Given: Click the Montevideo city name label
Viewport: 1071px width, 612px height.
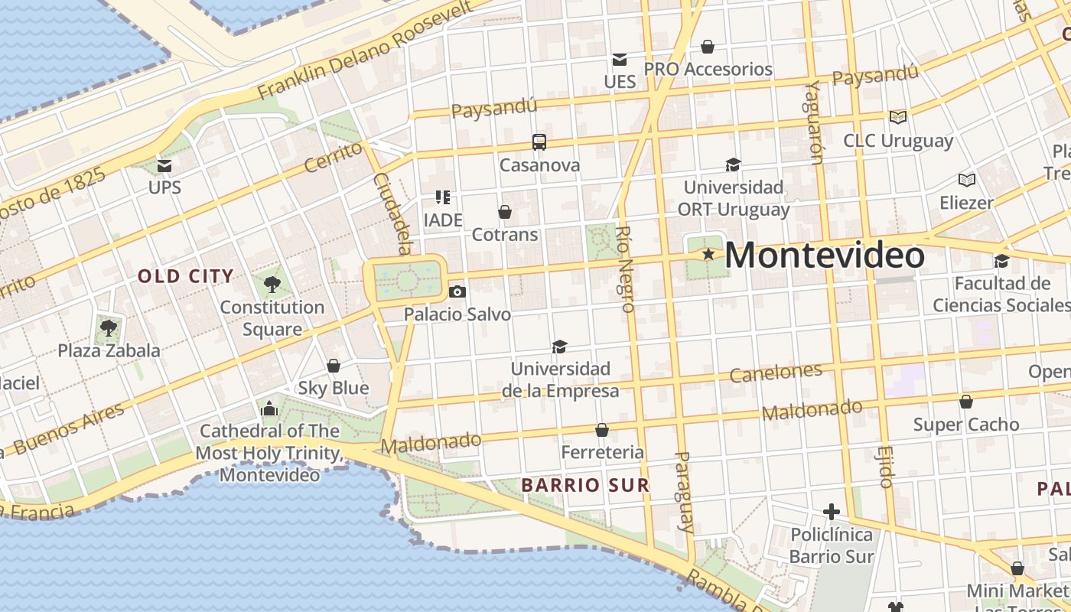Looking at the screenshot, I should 824,255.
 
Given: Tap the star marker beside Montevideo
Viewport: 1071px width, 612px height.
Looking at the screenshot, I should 708,254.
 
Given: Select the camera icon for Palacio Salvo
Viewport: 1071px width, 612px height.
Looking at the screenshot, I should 457,291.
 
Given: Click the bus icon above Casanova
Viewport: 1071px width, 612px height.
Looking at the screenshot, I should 539,142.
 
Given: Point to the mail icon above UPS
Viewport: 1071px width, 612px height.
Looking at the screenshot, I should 164,165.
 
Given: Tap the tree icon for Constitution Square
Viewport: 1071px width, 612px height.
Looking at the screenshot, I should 272,285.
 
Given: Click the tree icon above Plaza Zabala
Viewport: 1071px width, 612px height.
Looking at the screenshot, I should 109,328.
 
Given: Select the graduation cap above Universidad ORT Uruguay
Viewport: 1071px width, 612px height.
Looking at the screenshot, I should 733,164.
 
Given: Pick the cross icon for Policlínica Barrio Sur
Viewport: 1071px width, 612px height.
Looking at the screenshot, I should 832,511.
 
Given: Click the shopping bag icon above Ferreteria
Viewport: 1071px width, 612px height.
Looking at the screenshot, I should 602,430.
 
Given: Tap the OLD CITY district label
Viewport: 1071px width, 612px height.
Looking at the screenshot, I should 186,276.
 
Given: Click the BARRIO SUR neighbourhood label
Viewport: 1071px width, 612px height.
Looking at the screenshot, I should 585,485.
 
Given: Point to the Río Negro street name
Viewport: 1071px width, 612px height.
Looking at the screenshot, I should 626,269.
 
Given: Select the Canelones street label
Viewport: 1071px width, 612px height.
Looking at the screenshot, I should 776,373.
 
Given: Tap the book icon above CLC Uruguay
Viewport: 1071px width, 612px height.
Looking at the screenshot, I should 898,117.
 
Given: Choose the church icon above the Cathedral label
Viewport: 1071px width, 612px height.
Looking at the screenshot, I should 269,409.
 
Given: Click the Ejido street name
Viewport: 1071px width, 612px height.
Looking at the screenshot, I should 886,466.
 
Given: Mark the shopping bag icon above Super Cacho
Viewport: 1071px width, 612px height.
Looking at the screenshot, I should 966,402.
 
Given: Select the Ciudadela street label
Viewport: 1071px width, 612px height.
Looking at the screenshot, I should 392,213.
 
